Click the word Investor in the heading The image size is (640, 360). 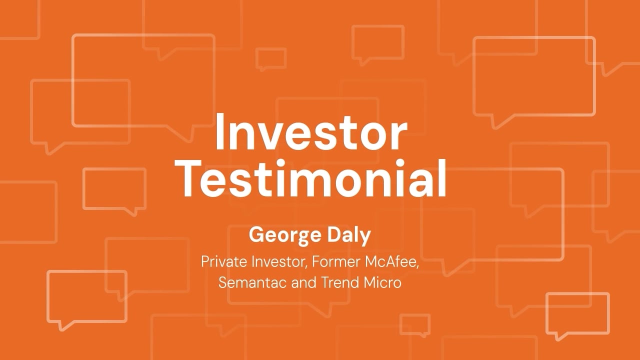coord(311,131)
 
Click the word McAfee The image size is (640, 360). coord(391,261)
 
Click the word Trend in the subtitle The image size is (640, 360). coord(339,282)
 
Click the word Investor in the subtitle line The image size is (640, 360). coord(279,261)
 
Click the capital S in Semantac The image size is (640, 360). coord(223,282)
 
